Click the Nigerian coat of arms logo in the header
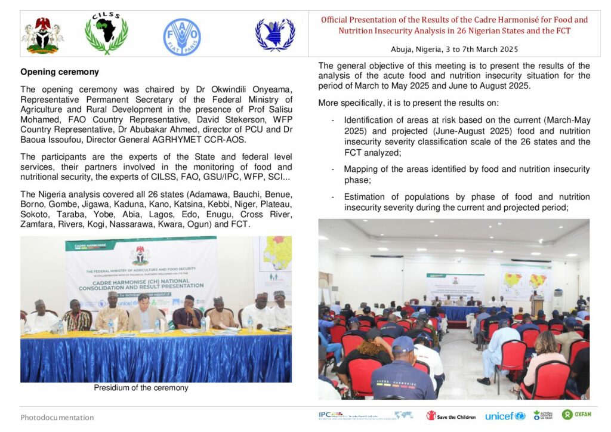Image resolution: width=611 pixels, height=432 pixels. (x=43, y=35)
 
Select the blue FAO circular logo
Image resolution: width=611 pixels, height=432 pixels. (x=182, y=36)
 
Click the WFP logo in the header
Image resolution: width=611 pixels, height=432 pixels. (x=275, y=35)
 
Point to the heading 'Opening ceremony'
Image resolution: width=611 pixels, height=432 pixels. (x=59, y=72)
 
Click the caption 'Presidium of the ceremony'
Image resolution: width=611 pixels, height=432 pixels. (x=141, y=388)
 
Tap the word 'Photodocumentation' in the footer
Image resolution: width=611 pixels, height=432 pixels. (x=57, y=418)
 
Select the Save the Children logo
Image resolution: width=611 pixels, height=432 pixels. (x=451, y=416)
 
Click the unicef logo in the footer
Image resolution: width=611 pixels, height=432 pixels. (x=505, y=416)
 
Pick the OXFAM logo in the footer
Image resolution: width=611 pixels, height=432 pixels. (x=576, y=415)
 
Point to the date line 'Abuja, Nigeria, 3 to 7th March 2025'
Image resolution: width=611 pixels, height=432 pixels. (x=454, y=49)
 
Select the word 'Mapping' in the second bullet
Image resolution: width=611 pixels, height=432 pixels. (x=361, y=169)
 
